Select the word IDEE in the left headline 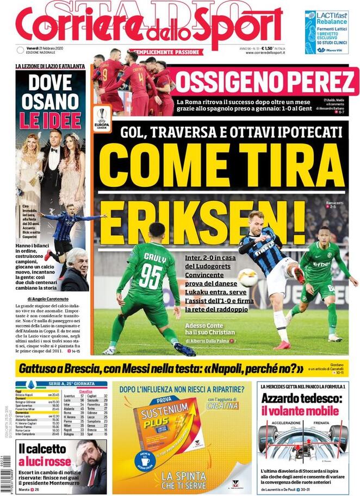click(60, 119)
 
